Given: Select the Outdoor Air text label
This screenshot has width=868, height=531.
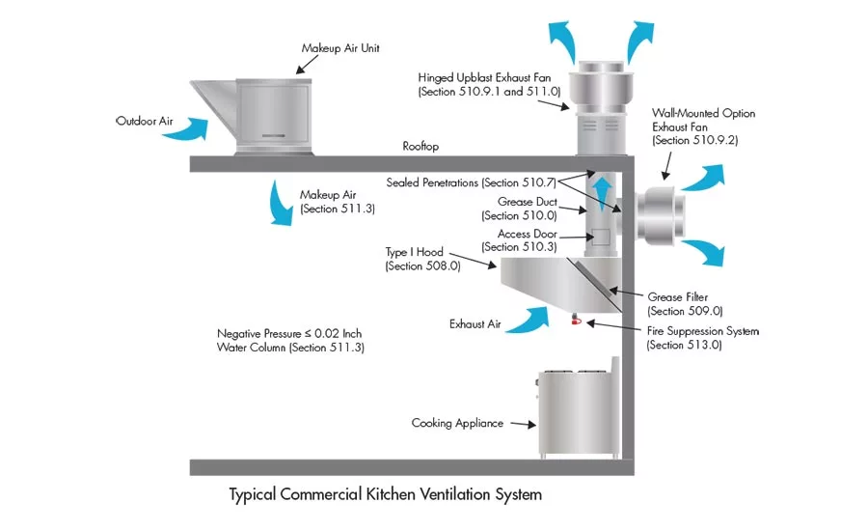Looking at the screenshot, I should tap(144, 122).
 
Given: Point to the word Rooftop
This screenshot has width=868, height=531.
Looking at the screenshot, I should tap(420, 147).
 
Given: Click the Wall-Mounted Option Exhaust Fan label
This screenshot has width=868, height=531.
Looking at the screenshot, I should tap(703, 126).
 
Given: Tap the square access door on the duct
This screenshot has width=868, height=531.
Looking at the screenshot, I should tap(600, 237).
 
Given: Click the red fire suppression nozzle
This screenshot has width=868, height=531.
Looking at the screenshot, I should tap(574, 320).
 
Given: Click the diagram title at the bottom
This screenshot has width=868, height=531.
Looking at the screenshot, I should tap(385, 494).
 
